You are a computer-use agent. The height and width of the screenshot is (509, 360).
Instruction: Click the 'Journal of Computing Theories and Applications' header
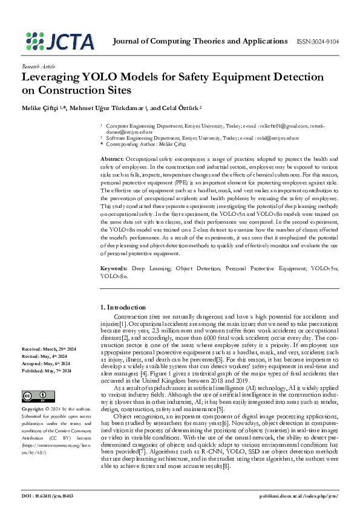tap(200, 41)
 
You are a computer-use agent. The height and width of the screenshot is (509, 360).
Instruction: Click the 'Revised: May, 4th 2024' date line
tap(44, 356)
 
